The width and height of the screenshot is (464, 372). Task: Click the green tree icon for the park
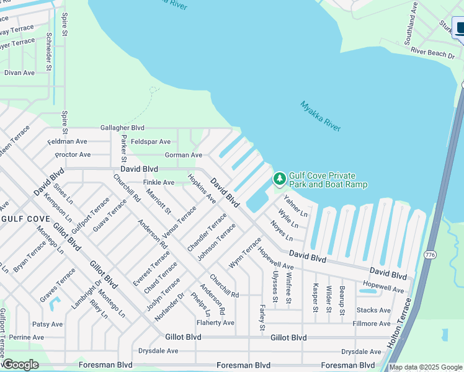coord(280,179)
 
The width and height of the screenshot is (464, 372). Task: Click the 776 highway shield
coord(429,255)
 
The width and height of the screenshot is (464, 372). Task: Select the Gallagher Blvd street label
coord(127,128)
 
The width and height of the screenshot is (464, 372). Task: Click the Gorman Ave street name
coord(184,155)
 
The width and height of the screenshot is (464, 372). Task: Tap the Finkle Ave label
coord(159,182)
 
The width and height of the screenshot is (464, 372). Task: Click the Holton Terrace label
coord(399,322)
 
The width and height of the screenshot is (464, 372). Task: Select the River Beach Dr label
coord(432,54)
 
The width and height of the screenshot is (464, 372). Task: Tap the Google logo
coord(20,364)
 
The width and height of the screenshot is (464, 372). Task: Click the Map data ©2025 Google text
coord(426,367)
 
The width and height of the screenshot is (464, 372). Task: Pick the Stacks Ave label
coord(373,310)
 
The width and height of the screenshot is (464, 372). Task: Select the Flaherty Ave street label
coord(215,322)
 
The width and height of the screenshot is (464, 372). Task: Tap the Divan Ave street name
coord(20,73)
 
